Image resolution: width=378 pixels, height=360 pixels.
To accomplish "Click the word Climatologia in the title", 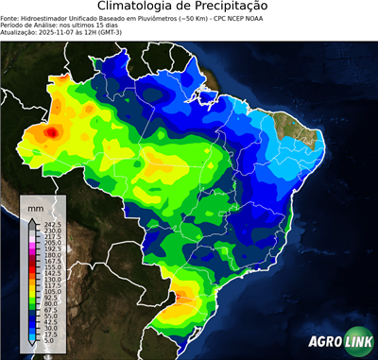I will (x=141, y=7).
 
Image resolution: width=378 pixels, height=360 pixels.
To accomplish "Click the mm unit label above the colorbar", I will (x=36, y=206).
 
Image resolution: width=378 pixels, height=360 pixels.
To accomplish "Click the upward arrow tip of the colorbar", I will (x=31, y=218).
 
